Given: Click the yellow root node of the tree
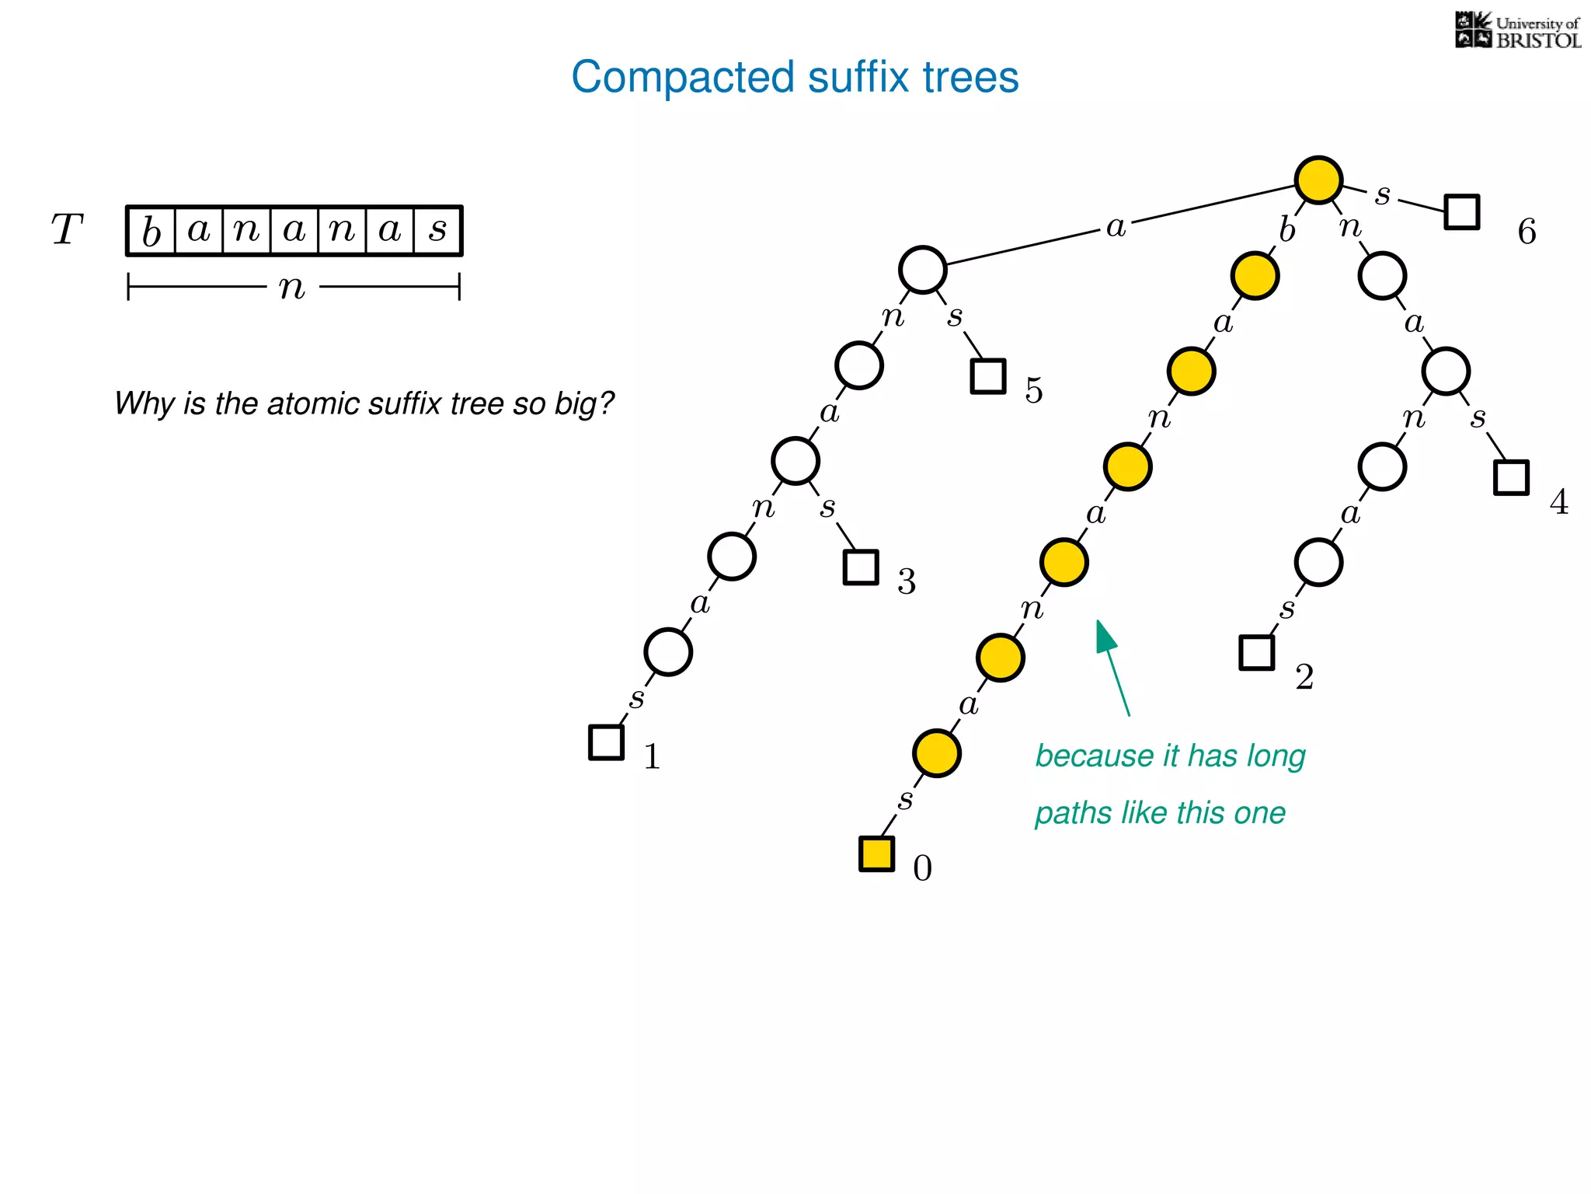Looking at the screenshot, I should tap(1318, 180).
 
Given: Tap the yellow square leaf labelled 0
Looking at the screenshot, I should tap(876, 854).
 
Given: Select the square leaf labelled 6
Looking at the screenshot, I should tap(1461, 211).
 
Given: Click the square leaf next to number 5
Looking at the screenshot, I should tap(988, 376).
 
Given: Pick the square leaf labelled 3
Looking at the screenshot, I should tap(861, 567).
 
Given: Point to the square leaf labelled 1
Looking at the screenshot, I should tap(606, 742).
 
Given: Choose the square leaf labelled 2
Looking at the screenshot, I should tap(1256, 652).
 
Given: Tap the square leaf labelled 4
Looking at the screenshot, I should tap(1511, 477).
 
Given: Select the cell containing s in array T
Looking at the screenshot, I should tap(438, 231).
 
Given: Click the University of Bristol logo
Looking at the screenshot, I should tap(1517, 30).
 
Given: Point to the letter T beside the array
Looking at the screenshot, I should tap(67, 230).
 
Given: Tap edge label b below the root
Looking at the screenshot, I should tap(1287, 230).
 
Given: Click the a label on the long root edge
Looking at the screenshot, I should tap(1116, 227).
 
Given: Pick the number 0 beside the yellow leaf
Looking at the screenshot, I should tap(922, 868).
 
